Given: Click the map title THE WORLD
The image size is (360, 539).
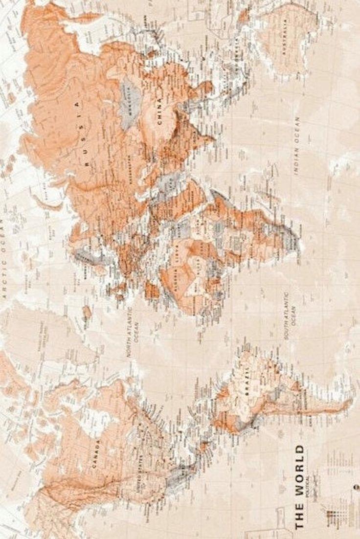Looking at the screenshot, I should click(x=299, y=486).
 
